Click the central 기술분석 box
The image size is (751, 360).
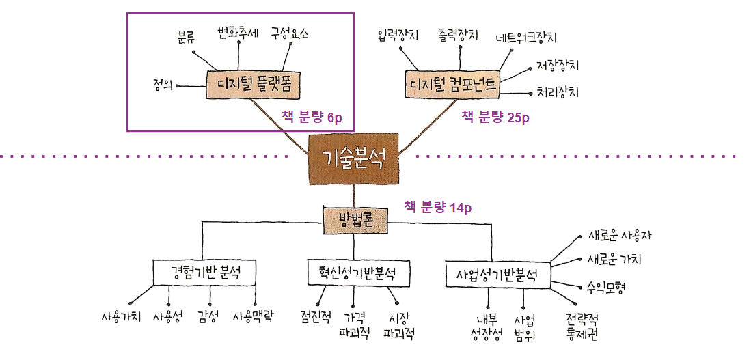pyautogui.click(x=353, y=158)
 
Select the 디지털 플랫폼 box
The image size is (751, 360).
pyautogui.click(x=254, y=85)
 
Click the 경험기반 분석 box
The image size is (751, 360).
pyautogui.click(x=204, y=272)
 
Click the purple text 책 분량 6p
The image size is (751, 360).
pyautogui.click(x=312, y=117)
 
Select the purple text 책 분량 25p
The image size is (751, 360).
pyautogui.click(x=495, y=117)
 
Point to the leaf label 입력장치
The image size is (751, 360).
pyautogui.click(x=398, y=34)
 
